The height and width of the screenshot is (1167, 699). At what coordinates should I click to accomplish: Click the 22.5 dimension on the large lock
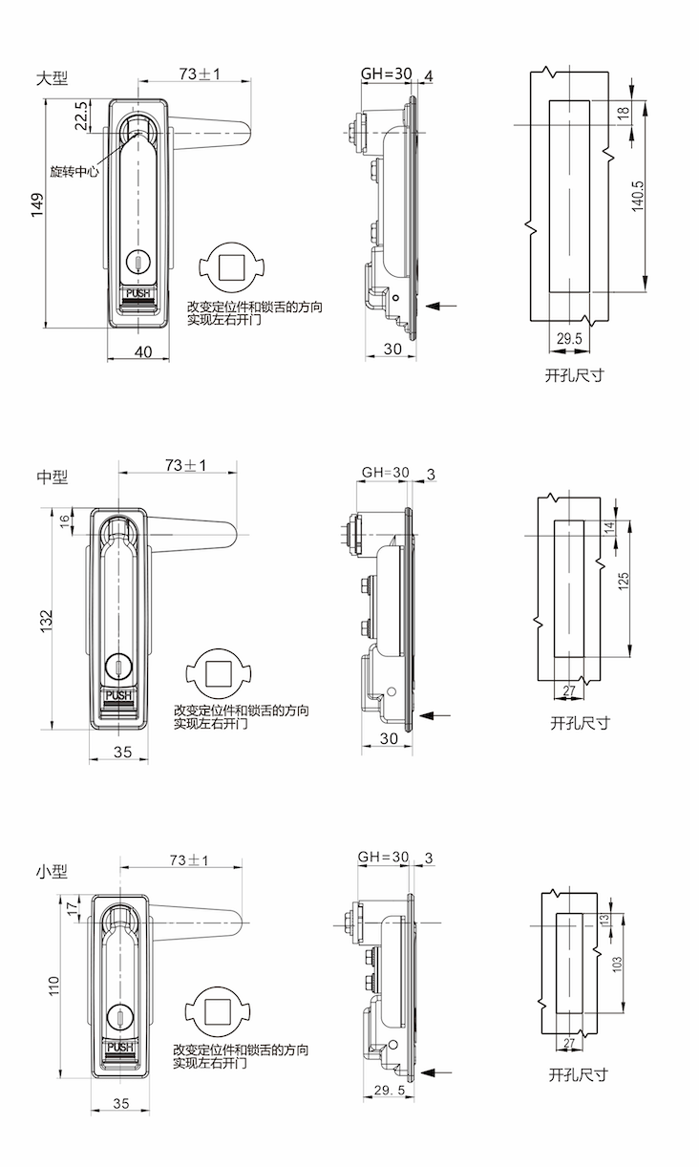tap(81, 114)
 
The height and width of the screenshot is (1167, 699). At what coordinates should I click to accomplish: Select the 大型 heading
tap(53, 78)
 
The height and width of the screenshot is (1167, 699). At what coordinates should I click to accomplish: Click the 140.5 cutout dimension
tap(638, 196)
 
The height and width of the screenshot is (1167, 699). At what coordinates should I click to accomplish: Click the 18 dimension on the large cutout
tap(624, 113)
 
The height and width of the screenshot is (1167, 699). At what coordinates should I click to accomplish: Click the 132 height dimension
tap(46, 620)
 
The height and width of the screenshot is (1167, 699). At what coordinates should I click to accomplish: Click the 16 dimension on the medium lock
tap(65, 520)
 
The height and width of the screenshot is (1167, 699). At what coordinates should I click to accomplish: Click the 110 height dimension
tap(53, 985)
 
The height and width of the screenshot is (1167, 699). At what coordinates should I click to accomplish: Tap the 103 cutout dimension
tap(617, 965)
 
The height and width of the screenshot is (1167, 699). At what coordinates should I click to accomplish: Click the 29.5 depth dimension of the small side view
tap(390, 1090)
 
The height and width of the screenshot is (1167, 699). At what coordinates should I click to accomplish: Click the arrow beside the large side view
tap(442, 306)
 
